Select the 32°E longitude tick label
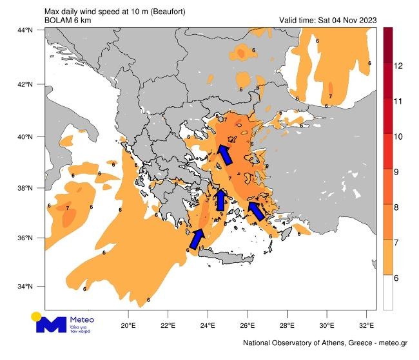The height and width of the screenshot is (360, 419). point(367,325)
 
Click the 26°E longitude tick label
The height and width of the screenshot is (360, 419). point(248,325)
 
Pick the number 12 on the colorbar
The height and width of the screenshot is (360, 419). point(398,66)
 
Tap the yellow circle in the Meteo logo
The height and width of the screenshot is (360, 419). point(37,316)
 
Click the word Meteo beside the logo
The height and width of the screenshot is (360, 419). point(82,319)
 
